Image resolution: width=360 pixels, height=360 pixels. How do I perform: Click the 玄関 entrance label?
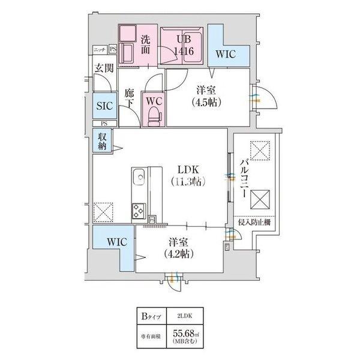(x=103, y=68)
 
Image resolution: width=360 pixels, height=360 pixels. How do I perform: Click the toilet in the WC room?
(x=154, y=114)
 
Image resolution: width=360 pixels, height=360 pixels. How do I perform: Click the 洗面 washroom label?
(x=146, y=45)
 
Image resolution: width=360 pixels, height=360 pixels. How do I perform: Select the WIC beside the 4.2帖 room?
(x=112, y=242)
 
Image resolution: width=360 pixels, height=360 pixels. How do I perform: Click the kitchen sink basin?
(x=137, y=178)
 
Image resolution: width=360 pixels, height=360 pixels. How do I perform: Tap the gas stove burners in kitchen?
(x=139, y=211)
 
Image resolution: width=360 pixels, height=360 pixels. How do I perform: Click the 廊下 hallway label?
(x=128, y=98)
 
